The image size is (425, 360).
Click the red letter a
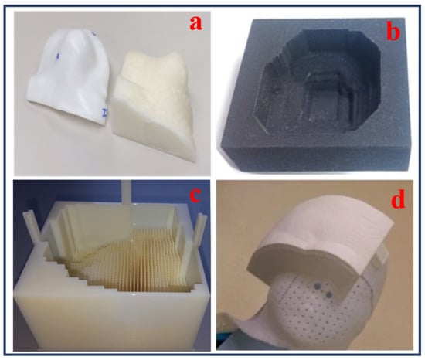point(195,23)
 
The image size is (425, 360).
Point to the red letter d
point(397,199)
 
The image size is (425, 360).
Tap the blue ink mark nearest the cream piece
point(104,112)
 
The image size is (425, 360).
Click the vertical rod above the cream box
point(126,193)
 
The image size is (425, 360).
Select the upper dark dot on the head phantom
point(317,285)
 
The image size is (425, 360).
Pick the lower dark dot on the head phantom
point(329,294)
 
